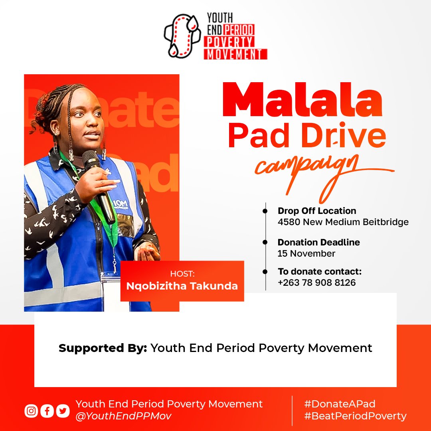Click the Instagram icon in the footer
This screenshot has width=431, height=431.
pos(31,411)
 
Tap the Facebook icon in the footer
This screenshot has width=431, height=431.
pos(47,411)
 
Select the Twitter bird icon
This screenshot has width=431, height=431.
pos(63,411)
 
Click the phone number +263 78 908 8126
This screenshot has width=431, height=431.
pos(316,283)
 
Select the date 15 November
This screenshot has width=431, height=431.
pos(306,253)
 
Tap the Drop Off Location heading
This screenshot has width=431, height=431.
pos(317,211)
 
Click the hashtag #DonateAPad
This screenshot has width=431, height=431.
pos(339,404)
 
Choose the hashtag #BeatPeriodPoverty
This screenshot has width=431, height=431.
pos(355,416)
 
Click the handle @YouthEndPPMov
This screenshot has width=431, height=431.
pos(123,416)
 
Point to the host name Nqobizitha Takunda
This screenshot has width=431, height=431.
pos(182,286)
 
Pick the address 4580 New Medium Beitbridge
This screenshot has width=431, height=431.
pos(343,222)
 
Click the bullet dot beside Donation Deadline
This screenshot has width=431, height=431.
pos(265,242)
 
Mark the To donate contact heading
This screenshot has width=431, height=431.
pos(320,272)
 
